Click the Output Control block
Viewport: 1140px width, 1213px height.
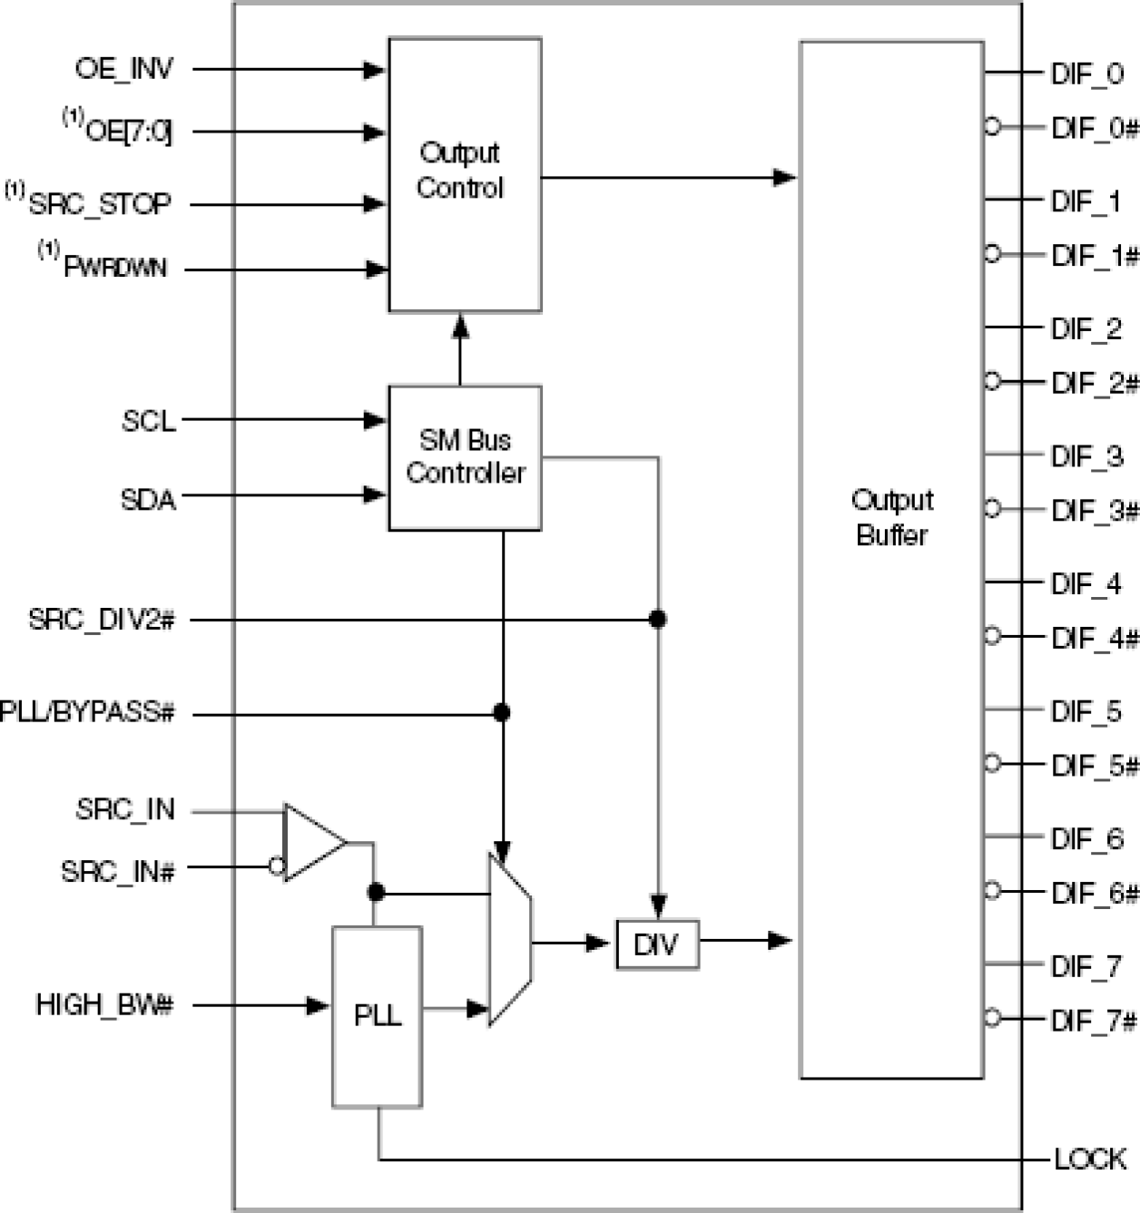pyautogui.click(x=465, y=174)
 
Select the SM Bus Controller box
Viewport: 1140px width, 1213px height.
pyautogui.click(x=465, y=457)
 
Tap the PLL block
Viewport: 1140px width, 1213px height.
pyautogui.click(x=377, y=1016)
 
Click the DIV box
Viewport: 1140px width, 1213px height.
pyautogui.click(x=657, y=944)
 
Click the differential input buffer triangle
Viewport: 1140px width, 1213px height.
pyautogui.click(x=311, y=842)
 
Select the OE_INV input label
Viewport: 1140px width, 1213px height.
pyautogui.click(x=123, y=69)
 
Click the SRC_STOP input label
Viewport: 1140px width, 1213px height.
pyautogui.click(x=99, y=204)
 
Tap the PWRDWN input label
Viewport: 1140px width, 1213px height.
pyautogui.click(x=114, y=268)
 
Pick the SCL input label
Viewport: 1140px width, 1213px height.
pyautogui.click(x=149, y=421)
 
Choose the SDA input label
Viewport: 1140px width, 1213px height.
pyautogui.click(x=148, y=499)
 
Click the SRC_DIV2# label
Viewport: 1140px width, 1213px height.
pyautogui.click(x=101, y=621)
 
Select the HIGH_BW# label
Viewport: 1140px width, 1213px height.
pyautogui.click(x=104, y=1005)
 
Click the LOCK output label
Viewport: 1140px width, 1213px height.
pyautogui.click(x=1089, y=1159)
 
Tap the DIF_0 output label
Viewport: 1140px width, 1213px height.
pyautogui.click(x=1086, y=73)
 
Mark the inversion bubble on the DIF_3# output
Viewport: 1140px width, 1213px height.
pyautogui.click(x=992, y=509)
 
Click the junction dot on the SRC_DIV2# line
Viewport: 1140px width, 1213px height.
pyautogui.click(x=658, y=620)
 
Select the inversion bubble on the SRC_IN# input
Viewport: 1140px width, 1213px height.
pyautogui.click(x=277, y=866)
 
